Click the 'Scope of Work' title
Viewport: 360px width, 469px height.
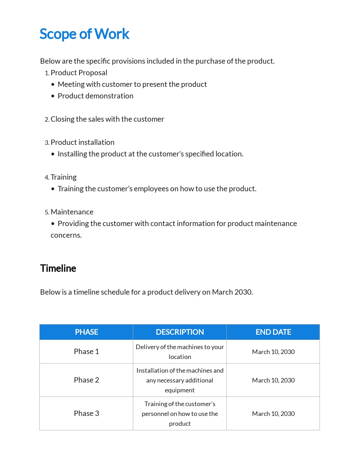tap(84, 34)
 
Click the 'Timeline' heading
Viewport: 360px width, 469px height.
tap(58, 268)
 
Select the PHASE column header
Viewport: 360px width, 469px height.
tap(86, 332)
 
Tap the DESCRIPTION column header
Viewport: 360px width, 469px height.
tap(180, 332)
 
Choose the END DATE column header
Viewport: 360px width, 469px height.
tap(273, 332)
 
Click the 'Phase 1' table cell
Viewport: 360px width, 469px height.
tap(86, 352)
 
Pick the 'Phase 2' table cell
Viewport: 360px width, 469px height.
tap(86, 380)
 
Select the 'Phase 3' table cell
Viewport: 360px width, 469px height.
tap(86, 413)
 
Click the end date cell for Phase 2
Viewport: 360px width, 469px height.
tap(273, 380)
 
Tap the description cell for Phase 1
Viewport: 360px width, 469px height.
tap(180, 352)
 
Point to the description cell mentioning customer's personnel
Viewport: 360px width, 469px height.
tap(180, 413)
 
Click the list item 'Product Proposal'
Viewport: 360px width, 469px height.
tap(79, 73)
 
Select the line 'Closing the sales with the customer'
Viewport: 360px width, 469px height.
tap(107, 119)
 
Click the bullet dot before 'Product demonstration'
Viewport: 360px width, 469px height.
tap(53, 96)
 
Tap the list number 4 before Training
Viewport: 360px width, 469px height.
tap(47, 178)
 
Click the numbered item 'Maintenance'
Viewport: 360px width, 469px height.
tap(72, 212)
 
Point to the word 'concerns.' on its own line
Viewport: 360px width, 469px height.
tap(66, 235)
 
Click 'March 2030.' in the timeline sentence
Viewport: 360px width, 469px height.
tap(232, 292)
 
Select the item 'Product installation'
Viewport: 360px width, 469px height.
tap(83, 142)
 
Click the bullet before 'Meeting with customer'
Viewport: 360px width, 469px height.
tap(53, 84)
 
